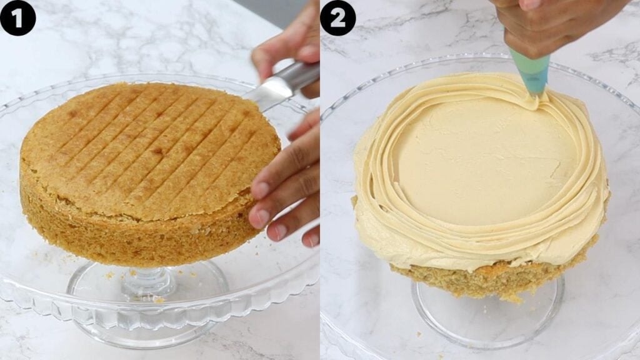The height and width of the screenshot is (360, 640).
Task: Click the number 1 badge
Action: [x=17, y=17]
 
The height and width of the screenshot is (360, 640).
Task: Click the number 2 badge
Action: [x=337, y=17]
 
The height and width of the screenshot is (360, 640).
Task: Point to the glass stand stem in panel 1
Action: [x=148, y=281]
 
